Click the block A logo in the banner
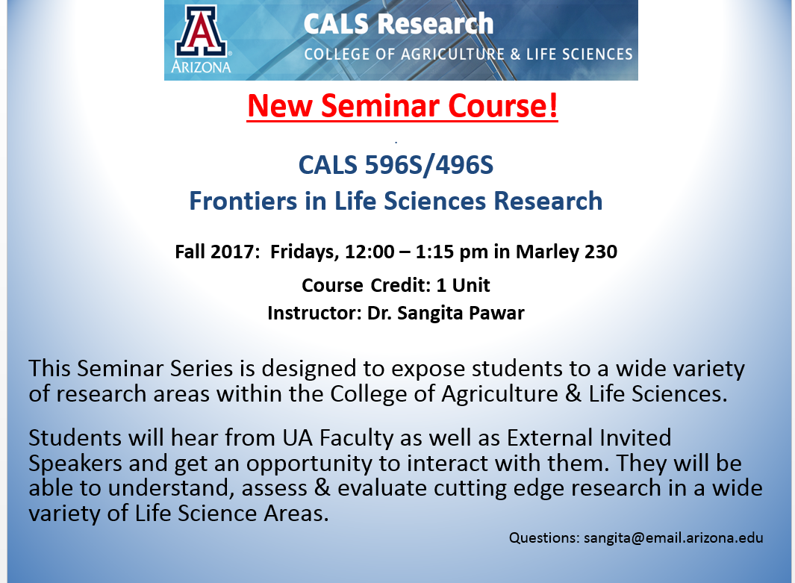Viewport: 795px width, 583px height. (202, 32)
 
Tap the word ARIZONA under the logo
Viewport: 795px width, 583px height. (201, 67)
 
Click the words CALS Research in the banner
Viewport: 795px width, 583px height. (399, 24)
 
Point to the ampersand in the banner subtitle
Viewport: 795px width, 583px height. (515, 54)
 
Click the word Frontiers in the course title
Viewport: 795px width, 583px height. (243, 201)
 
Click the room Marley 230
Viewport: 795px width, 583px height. (567, 252)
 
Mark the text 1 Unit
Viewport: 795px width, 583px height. (463, 285)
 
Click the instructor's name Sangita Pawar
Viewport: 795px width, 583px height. (461, 314)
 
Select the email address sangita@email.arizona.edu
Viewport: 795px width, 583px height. (673, 538)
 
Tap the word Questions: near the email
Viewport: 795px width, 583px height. (544, 538)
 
